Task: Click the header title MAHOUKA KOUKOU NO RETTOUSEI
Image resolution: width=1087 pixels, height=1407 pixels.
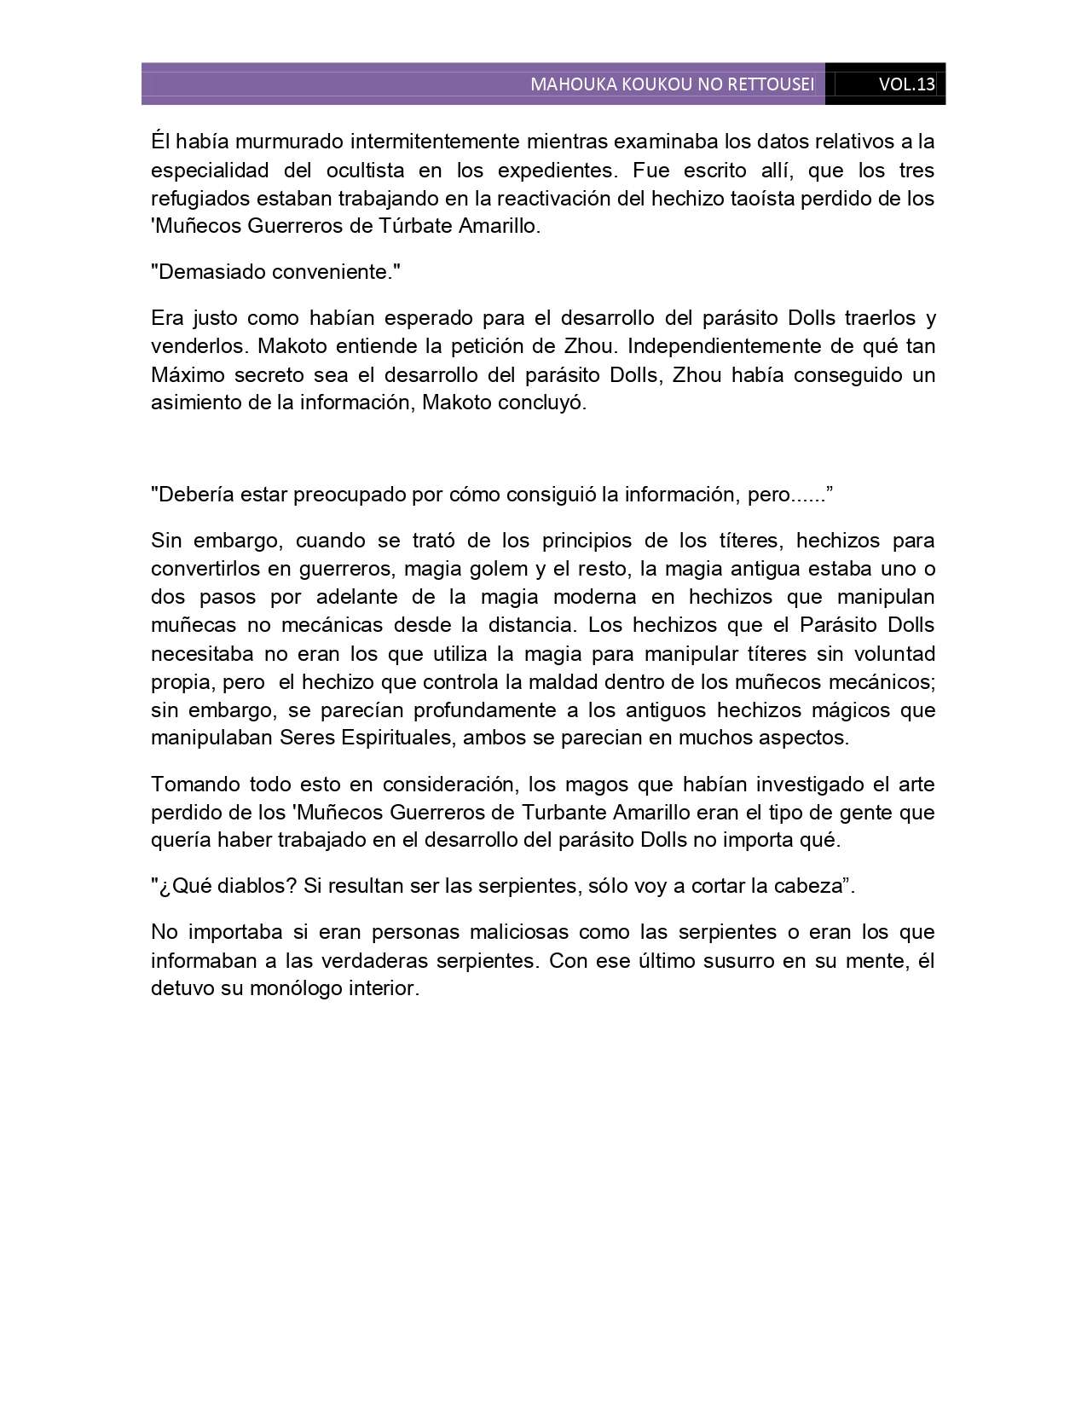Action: click(x=672, y=84)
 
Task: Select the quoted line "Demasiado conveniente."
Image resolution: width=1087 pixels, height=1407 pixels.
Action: click(x=275, y=272)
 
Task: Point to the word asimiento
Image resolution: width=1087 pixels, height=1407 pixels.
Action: click(x=194, y=403)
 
